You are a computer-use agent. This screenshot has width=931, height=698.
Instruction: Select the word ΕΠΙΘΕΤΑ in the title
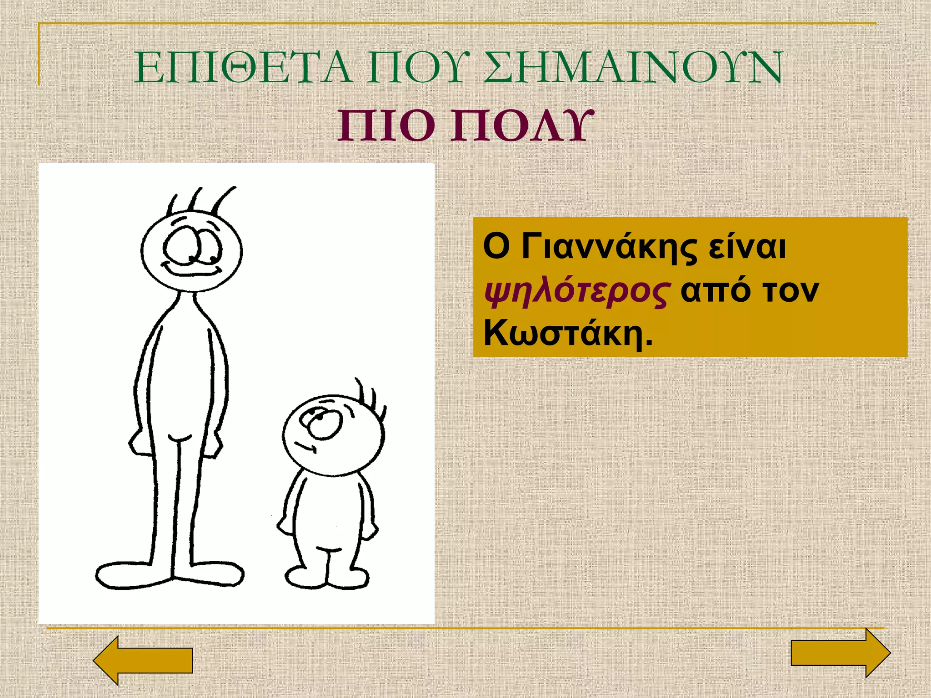[243, 68]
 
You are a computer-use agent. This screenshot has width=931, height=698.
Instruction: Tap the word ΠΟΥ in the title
[416, 68]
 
